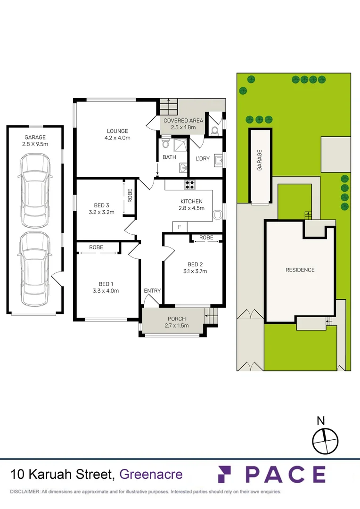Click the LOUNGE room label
[x=117, y=131]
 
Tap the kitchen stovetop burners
[x=190, y=185]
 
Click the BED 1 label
[x=106, y=284]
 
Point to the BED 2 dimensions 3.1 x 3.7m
[x=197, y=271]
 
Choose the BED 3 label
[x=101, y=205]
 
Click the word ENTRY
[x=152, y=291]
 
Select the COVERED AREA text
[x=183, y=121]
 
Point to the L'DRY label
[x=203, y=159]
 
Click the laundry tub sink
[x=218, y=161]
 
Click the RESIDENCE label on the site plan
[x=300, y=270]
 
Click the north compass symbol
[x=325, y=439]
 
